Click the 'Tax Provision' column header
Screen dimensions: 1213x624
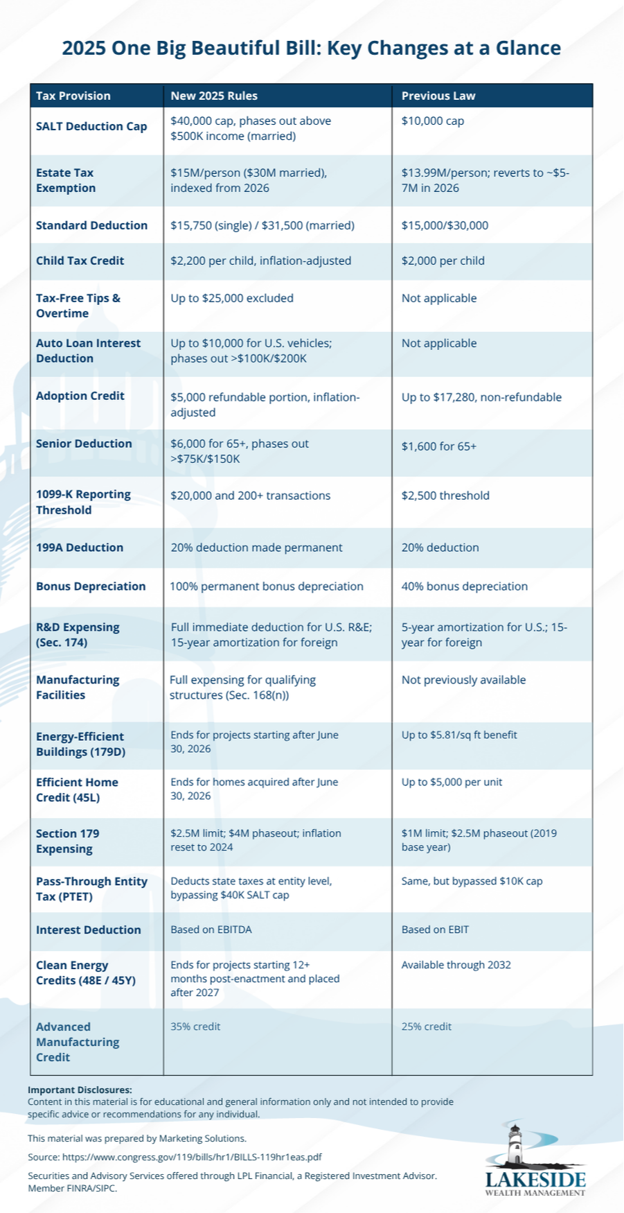coord(73,96)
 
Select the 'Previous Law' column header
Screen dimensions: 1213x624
coord(438,96)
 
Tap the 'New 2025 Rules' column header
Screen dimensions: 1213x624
coord(214,96)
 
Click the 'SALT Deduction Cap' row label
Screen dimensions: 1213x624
coord(91,126)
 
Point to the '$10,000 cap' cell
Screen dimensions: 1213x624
coord(433,121)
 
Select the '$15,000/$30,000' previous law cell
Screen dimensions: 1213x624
coord(445,225)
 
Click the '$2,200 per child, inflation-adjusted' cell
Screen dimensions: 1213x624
coord(261,261)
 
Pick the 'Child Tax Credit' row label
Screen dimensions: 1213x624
coord(80,261)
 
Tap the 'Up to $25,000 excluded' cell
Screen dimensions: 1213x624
coord(232,298)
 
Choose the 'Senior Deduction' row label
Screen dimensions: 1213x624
coord(84,444)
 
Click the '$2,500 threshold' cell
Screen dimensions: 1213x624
coord(445,496)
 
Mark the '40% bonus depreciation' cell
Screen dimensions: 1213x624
coord(465,586)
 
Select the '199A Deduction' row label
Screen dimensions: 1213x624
coord(80,548)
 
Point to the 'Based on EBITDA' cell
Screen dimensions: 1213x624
coord(211,930)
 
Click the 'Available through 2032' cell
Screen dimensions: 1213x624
coord(456,965)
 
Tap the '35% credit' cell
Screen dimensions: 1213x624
coord(195,1027)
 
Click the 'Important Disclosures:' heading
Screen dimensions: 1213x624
coord(80,1090)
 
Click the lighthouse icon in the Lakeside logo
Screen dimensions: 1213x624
coord(515,1144)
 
